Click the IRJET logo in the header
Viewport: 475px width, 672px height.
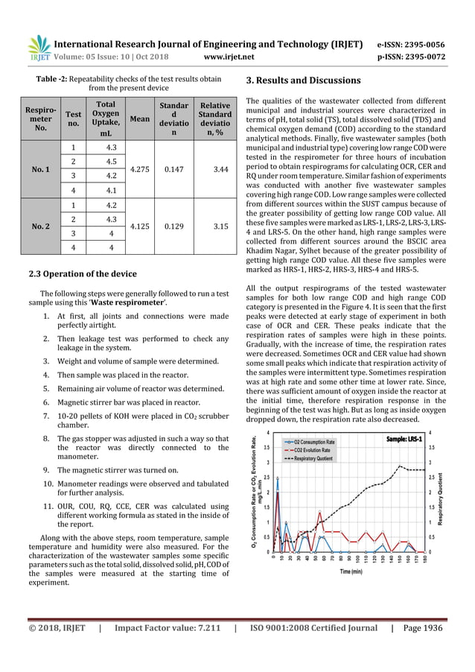point(39,46)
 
